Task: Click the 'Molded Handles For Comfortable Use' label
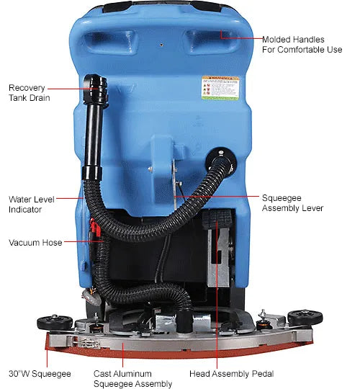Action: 302,45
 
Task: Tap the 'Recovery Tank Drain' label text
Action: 30,93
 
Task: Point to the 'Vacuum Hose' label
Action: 35,243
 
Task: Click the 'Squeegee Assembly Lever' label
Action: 292,202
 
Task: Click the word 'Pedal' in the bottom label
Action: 258,375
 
